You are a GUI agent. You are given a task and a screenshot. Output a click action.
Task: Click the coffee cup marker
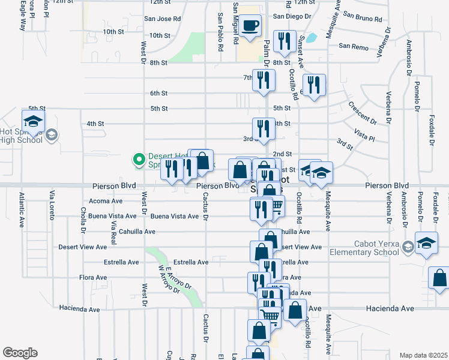pyautogui.click(x=252, y=25)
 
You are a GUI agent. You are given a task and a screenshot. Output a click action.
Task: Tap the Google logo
pyautogui.click(x=20, y=353)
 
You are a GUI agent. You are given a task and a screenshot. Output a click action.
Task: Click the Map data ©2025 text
pyautogui.click(x=423, y=355)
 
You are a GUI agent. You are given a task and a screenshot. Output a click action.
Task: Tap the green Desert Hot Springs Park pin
pyautogui.click(x=138, y=160)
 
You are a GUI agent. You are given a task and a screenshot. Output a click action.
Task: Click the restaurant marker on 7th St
pyautogui.click(x=264, y=80)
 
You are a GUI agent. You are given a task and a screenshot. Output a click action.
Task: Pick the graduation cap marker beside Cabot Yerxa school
pyautogui.click(x=427, y=244)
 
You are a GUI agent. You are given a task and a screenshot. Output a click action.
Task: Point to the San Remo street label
pyautogui.click(x=352, y=46)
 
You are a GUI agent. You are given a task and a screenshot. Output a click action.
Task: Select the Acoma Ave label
pyautogui.click(x=105, y=201)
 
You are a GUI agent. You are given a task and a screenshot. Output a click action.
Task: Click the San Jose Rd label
pyautogui.click(x=162, y=19)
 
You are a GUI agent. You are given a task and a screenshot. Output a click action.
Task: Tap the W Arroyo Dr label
pyautogui.click(x=169, y=280)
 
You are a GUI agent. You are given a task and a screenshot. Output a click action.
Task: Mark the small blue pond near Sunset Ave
pyautogui.click(x=311, y=38)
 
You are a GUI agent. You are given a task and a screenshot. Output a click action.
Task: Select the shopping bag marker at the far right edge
pyautogui.click(x=441, y=279)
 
